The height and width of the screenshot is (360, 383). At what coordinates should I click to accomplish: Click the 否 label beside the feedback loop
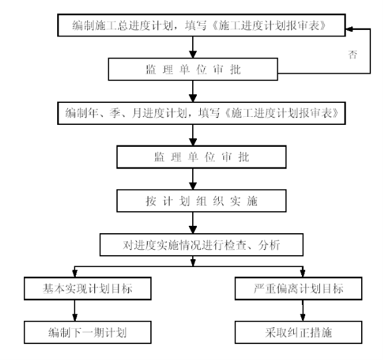(352, 54)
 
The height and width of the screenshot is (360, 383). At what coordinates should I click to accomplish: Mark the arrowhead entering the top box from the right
(349, 29)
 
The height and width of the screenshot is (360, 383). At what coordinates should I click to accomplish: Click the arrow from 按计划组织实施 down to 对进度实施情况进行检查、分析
(193, 223)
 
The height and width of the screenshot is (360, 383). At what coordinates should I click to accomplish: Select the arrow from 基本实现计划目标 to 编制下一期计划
(75, 310)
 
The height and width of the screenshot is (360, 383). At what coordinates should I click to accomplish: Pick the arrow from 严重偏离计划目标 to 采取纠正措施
(303, 310)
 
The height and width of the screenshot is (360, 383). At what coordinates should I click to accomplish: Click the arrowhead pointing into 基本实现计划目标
(75, 274)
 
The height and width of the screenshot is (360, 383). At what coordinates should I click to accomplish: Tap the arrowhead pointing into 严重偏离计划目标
(303, 274)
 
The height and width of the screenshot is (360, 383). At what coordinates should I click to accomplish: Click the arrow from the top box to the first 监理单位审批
(193, 47)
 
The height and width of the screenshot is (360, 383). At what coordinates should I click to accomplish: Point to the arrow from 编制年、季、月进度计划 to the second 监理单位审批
(193, 135)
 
